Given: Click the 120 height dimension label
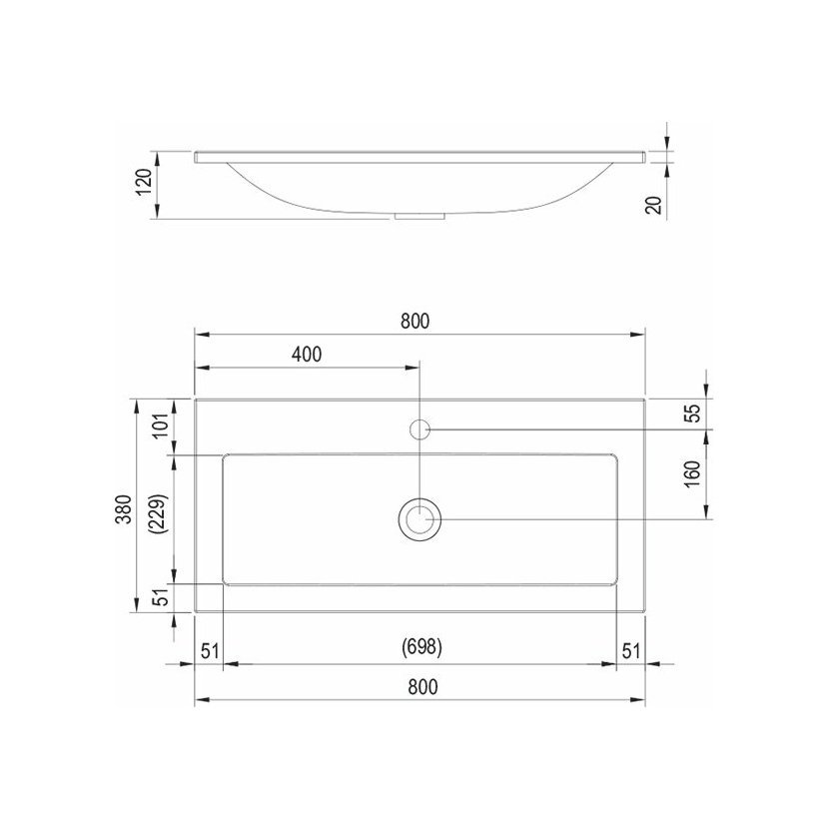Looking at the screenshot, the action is point(145,182).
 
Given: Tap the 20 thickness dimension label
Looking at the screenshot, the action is point(654,205).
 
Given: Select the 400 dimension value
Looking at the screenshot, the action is point(307,355).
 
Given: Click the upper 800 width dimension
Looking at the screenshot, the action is point(415,321).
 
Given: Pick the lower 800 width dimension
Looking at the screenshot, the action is point(422,687).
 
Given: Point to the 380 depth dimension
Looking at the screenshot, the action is point(123,509).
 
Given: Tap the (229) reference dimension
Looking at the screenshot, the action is point(159,514).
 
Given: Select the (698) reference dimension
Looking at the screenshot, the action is point(421,646).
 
